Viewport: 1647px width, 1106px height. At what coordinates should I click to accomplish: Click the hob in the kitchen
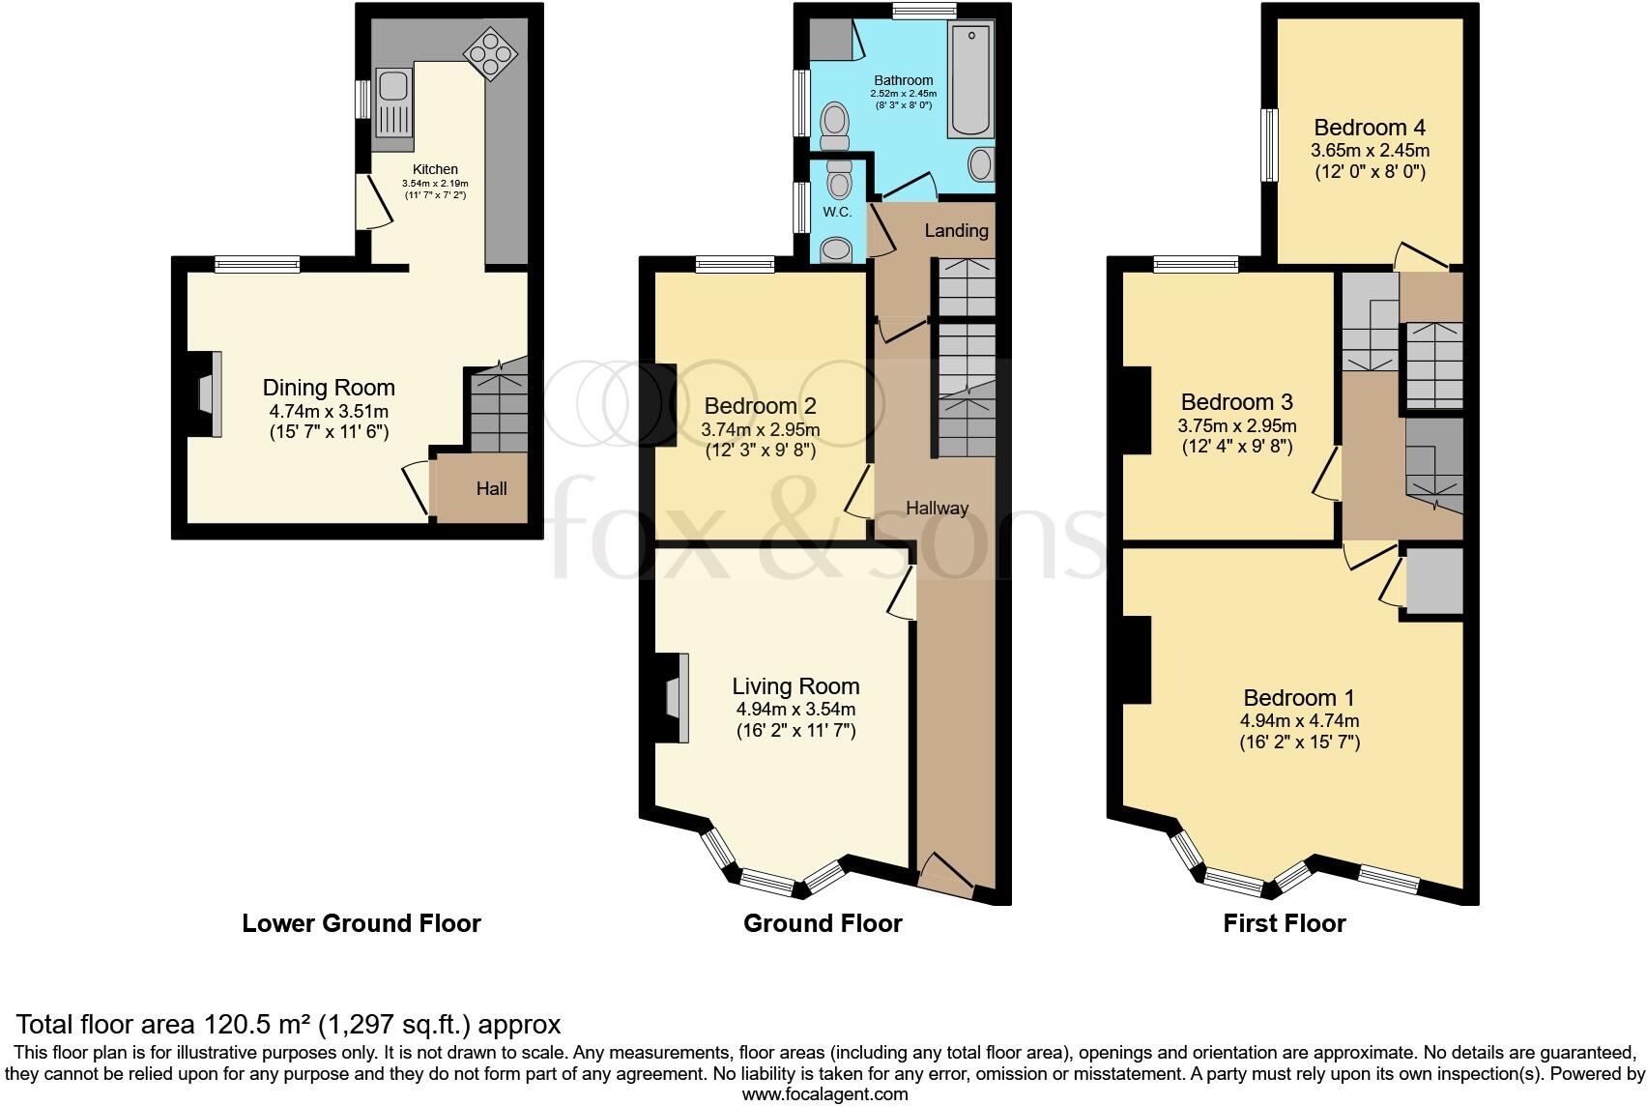(490, 54)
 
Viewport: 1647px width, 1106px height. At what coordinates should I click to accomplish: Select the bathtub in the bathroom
(970, 79)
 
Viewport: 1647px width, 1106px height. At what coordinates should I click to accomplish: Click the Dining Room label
(329, 388)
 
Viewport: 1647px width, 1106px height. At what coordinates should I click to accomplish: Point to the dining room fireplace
(209, 394)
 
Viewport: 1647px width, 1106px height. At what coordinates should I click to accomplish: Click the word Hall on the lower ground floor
(491, 488)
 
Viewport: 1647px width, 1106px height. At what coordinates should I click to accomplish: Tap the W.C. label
(837, 212)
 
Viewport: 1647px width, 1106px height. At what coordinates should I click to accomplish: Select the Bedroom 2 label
(761, 406)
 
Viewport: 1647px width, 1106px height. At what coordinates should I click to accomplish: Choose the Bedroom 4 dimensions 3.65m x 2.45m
(1370, 151)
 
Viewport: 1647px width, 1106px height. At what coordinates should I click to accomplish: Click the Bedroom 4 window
(1270, 145)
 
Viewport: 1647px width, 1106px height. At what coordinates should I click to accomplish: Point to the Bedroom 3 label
(1237, 402)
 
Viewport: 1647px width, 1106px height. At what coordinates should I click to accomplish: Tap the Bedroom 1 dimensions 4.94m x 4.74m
(1299, 720)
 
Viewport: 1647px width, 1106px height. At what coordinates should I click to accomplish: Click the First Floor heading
(1284, 923)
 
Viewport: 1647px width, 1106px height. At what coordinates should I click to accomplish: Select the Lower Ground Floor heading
(361, 923)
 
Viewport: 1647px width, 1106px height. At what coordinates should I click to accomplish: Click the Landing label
(956, 231)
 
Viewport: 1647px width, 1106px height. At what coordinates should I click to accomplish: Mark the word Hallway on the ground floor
(937, 509)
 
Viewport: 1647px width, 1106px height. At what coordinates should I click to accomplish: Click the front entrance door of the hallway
(946, 875)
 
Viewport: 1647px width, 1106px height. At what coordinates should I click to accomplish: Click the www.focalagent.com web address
(824, 1094)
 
